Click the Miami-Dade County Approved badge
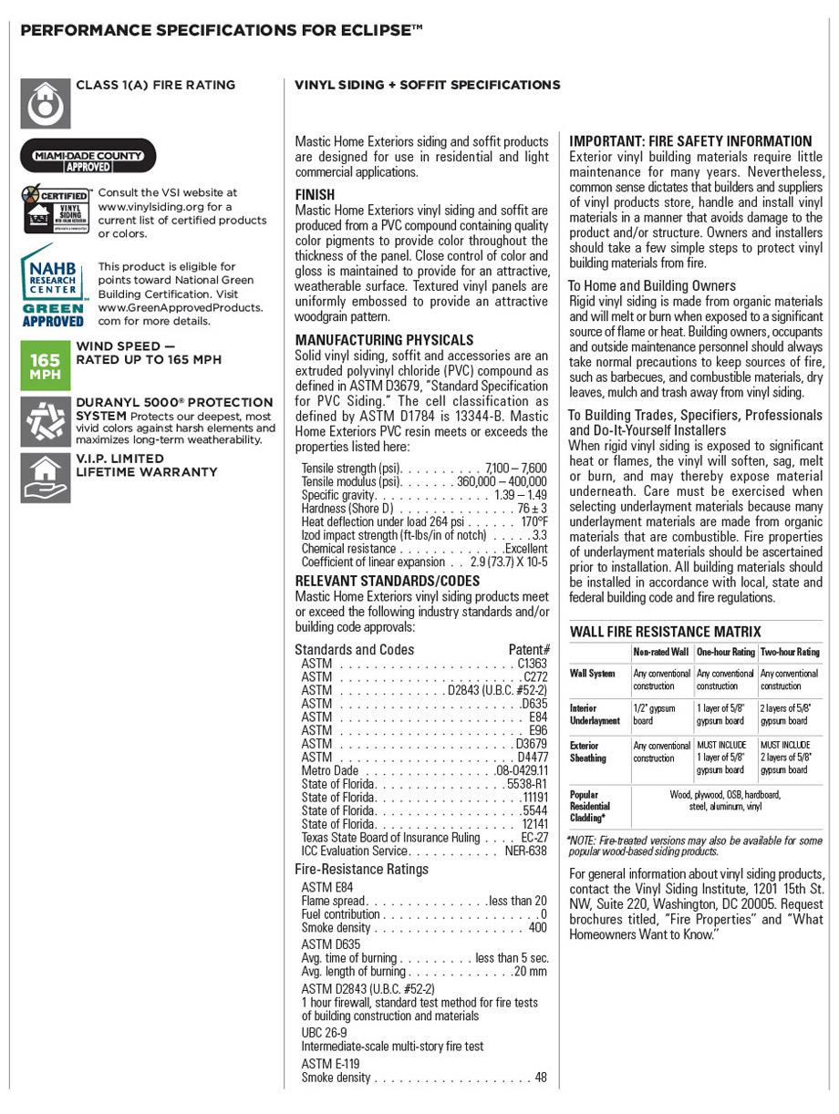[x=88, y=155]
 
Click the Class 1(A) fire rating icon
[x=45, y=103]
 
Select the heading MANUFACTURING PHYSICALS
[x=384, y=340]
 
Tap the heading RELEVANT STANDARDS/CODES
[x=387, y=581]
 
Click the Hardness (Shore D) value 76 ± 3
[x=533, y=509]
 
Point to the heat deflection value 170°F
[x=534, y=522]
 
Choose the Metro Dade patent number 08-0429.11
[x=522, y=770]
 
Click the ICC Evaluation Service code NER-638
[x=526, y=851]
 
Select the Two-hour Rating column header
[x=790, y=652]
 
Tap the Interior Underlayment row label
[x=595, y=714]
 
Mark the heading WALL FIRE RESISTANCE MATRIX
[x=665, y=632]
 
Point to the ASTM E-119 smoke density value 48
[x=541, y=1078]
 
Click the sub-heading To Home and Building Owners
[x=652, y=285]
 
